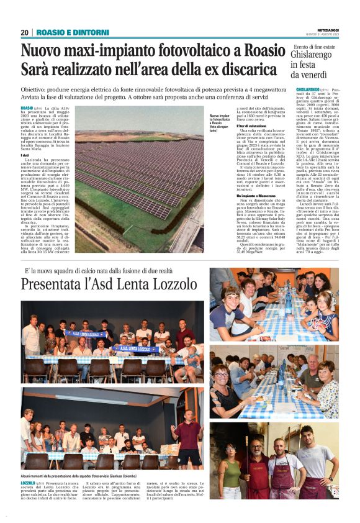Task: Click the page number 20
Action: [x=25, y=32]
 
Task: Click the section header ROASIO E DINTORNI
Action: [x=73, y=32]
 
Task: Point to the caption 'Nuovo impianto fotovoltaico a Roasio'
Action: [x=218, y=122]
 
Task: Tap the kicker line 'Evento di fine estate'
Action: [x=314, y=47]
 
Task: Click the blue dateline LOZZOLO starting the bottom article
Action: [x=28, y=482]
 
